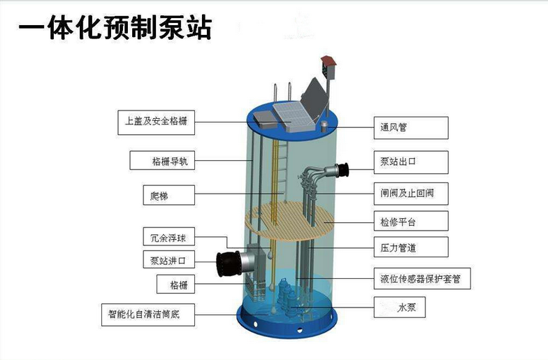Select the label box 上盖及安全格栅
pyautogui.click(x=155, y=124)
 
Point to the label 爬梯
pyautogui.click(x=162, y=196)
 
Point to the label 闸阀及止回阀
pyautogui.click(x=410, y=192)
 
